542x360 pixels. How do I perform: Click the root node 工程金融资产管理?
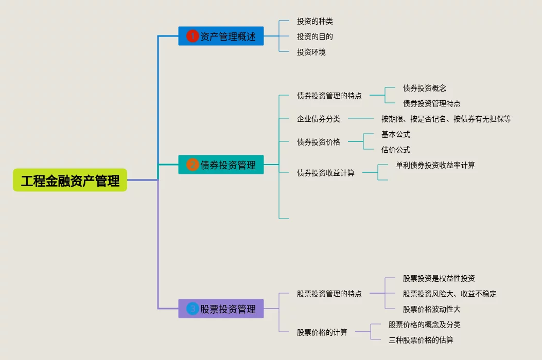[70, 181]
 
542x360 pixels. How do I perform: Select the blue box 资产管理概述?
[221, 36]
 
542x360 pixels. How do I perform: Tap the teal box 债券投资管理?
[221, 165]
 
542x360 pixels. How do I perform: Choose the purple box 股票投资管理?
[221, 309]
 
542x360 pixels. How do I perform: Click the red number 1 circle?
[192, 36]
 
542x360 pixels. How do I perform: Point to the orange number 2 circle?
[192, 165]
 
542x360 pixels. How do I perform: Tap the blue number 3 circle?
[192, 309]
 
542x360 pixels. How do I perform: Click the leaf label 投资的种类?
[314, 21]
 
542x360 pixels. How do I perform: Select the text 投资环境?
[311, 52]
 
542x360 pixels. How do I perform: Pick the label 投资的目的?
[314, 37]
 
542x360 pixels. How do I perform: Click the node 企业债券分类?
[318, 119]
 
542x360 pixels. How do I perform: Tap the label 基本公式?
[395, 134]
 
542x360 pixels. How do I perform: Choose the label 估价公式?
[395, 150]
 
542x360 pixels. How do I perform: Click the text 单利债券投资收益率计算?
[435, 165]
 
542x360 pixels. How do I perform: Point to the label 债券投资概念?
[424, 88]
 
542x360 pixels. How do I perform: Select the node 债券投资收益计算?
[325, 173]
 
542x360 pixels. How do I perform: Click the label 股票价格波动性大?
[431, 309]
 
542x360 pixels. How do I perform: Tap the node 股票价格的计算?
[322, 332]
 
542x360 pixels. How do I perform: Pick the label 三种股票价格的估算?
[421, 340]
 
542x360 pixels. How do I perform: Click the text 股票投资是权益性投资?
[439, 278]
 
